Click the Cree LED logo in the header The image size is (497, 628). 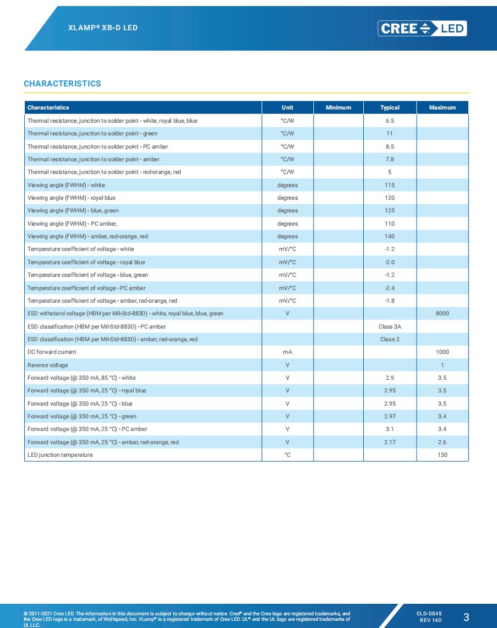(x=422, y=28)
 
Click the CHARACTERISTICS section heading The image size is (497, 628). (x=62, y=84)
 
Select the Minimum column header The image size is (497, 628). (x=338, y=107)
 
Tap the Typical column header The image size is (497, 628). (x=390, y=107)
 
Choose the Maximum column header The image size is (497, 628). (x=442, y=107)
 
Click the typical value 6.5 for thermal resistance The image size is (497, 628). (x=390, y=121)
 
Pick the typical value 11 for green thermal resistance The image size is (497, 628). (x=390, y=134)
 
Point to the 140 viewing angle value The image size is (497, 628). (x=390, y=236)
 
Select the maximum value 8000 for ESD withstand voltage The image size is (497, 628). (x=442, y=313)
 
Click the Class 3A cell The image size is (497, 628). (x=390, y=326)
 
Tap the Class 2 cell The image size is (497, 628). (x=390, y=339)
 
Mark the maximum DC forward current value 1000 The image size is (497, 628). (x=442, y=352)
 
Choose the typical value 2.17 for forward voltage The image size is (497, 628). (x=390, y=442)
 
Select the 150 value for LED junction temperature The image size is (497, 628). (x=442, y=455)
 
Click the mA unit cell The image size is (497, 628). (x=287, y=352)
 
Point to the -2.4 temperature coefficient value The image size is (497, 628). (x=390, y=288)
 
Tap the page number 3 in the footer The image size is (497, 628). (x=466, y=616)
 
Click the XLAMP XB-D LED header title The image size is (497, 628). (x=103, y=27)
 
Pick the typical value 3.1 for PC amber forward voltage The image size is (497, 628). (x=390, y=429)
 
